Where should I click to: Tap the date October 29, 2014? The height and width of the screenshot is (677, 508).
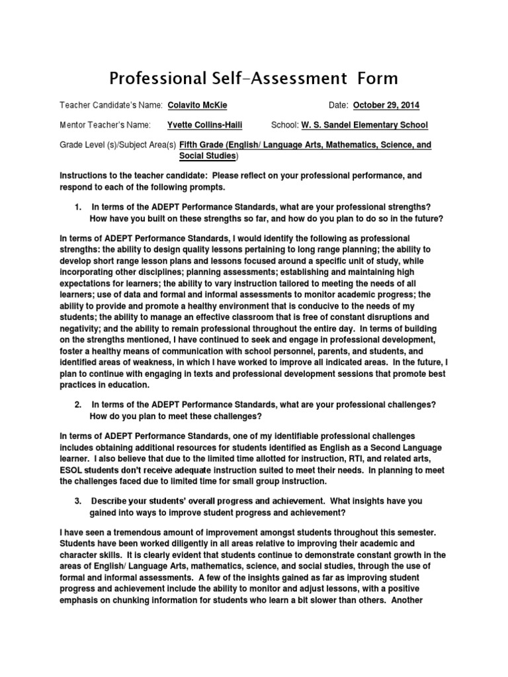386,106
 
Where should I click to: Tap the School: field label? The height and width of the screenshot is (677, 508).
285,125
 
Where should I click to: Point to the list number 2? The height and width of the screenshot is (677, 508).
78,404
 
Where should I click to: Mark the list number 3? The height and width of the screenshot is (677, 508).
78,501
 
